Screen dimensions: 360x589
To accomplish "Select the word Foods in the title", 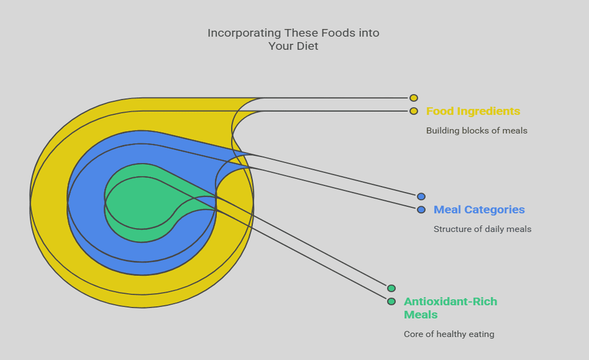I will click(x=335, y=33).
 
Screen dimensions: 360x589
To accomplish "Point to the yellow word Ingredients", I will click(x=489, y=111).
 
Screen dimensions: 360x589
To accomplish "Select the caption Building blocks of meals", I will click(x=477, y=131).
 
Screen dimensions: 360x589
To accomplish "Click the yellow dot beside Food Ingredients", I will click(x=414, y=111).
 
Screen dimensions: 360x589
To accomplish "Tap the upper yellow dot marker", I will click(x=414, y=98).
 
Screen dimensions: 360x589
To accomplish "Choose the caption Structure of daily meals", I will click(x=482, y=229).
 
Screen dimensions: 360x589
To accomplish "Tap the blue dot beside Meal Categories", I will click(x=421, y=210).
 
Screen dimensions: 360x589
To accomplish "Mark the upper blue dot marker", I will click(x=421, y=196).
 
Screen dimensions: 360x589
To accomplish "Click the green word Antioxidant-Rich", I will click(x=450, y=302).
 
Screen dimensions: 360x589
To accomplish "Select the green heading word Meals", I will click(x=420, y=315).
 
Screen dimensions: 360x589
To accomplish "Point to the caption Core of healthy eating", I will click(x=449, y=334).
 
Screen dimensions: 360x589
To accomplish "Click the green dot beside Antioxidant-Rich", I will click(x=391, y=302).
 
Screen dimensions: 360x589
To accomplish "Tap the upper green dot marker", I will click(x=391, y=288).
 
